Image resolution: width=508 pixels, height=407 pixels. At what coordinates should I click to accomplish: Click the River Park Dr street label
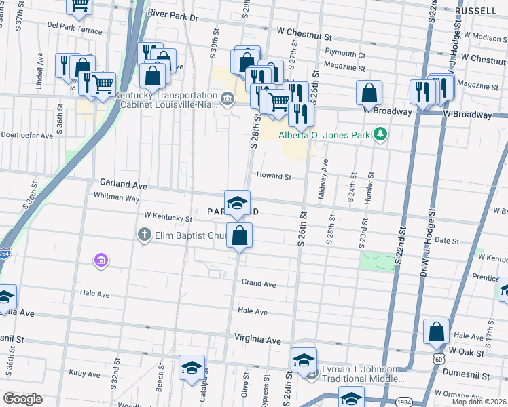click(173, 14)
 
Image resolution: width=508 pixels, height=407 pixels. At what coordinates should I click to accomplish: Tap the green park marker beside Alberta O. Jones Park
click(382, 134)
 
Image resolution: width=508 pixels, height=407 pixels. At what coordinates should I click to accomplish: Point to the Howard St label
click(274, 176)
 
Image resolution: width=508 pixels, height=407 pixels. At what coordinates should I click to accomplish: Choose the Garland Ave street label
click(124, 184)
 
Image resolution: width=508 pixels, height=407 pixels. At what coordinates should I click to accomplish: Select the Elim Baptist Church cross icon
click(143, 235)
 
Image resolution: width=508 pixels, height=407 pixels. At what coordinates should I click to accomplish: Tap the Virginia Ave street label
click(257, 338)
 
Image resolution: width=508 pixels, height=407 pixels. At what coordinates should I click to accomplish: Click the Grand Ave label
click(259, 284)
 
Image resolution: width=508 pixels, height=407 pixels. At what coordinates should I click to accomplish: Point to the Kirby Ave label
click(84, 373)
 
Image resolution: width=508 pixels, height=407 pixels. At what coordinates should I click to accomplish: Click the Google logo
click(22, 399)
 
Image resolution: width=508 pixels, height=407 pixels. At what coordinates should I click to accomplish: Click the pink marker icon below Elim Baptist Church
click(101, 260)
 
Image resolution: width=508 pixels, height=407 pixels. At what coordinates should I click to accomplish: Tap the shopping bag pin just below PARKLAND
click(239, 237)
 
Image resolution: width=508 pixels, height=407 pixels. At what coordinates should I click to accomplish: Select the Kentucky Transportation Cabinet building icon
click(227, 100)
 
